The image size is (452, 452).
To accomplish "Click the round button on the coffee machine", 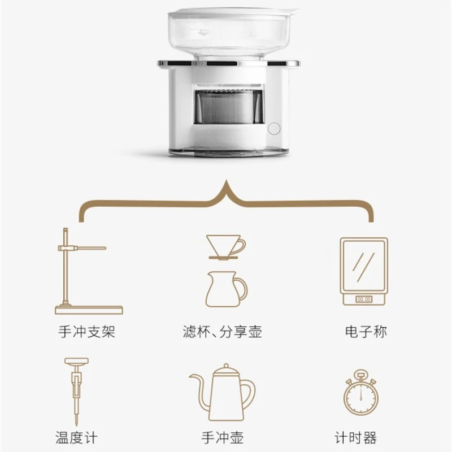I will coord(273,128).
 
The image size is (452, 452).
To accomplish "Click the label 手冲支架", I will coord(86,331).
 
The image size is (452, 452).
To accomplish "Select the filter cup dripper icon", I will coord(226,246).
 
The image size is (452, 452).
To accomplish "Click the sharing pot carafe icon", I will coord(226,287).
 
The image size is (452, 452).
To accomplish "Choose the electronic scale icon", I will coord(363,271).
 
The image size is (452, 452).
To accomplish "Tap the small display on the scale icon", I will coord(363,298).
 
